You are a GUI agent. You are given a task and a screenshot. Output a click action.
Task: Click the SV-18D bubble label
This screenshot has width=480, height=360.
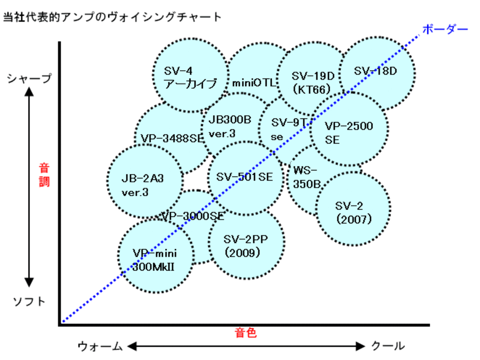375,71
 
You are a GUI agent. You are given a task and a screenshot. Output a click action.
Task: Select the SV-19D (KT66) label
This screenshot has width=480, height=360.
312,82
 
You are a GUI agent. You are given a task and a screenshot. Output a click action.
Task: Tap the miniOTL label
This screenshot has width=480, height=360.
254,83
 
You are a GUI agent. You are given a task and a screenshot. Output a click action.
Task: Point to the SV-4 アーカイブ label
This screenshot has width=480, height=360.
190,77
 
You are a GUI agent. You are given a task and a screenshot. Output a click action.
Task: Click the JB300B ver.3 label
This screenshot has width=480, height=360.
230,126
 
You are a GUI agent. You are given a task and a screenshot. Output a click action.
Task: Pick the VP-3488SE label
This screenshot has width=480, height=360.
172,139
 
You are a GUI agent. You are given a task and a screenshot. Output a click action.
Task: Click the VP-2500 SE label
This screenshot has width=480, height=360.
349,132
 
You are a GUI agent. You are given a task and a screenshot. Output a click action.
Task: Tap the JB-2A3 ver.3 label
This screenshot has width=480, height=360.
142,185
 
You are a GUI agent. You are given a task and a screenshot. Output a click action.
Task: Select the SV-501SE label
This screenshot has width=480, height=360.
244,177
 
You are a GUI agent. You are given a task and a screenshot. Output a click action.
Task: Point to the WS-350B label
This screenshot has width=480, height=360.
306,177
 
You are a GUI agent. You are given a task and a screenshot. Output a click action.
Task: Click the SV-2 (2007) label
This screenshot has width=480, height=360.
353,213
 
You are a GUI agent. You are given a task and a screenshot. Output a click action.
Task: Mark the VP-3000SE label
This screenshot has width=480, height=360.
193,216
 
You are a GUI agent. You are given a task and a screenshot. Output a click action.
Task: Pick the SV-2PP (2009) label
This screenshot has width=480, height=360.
245,246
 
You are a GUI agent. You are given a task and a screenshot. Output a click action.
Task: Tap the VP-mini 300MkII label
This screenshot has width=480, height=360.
155,260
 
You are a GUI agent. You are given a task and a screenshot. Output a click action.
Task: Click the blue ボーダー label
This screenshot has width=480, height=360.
445,29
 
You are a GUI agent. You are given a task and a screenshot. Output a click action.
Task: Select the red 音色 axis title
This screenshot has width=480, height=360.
246,333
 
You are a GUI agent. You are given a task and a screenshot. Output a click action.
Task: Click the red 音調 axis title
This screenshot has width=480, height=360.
44,175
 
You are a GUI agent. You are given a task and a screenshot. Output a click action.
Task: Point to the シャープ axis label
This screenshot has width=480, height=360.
29,78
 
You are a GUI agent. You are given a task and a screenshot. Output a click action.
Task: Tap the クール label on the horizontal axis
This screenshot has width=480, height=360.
388,346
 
